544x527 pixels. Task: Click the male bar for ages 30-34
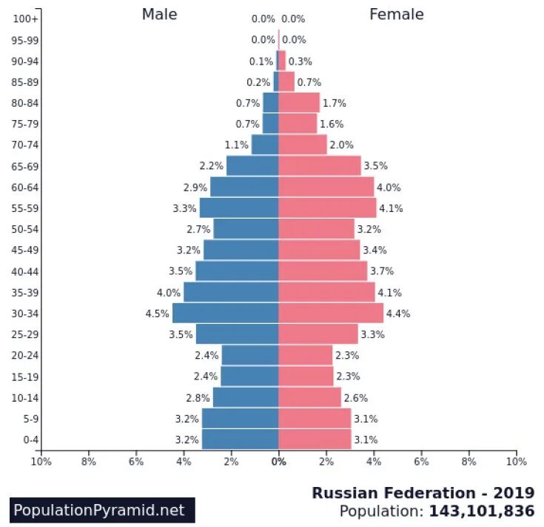[225, 313]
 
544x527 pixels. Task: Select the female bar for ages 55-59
[327, 208]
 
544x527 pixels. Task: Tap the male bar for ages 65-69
[252, 166]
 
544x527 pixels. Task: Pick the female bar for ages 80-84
[299, 103]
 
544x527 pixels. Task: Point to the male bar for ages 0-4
[240, 440]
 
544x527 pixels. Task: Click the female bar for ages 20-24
[305, 356]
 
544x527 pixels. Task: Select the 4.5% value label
[157, 314]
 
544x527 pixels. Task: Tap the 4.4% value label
[397, 314]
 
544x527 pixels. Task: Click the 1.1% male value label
[236, 145]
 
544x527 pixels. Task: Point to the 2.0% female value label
[341, 145]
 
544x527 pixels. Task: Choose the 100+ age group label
[26, 19]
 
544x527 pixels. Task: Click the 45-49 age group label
[26, 250]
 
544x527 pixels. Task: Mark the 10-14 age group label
[26, 398]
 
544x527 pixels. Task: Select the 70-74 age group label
[26, 145]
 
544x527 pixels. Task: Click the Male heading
[159, 15]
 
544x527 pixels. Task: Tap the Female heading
[396, 15]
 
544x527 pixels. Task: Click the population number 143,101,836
[480, 511]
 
